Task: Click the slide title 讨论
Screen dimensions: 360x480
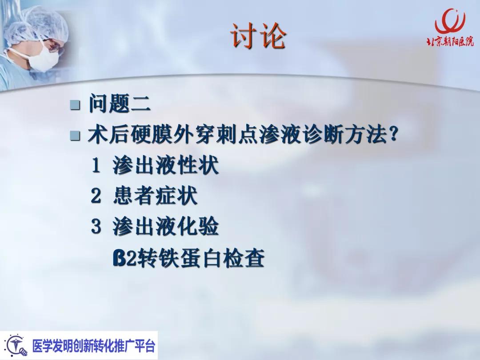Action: pos(257,36)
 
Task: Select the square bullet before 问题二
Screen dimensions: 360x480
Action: pos(75,105)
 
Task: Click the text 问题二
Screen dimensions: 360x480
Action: pos(119,104)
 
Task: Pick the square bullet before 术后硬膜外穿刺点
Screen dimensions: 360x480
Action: pos(75,136)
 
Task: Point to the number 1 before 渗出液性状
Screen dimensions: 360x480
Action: pos(96,166)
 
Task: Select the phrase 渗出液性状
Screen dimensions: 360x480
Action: pos(165,166)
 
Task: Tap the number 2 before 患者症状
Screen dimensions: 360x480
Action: pos(96,196)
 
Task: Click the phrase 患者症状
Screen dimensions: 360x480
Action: pos(155,196)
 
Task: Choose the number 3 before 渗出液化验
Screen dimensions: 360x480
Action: pos(96,227)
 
